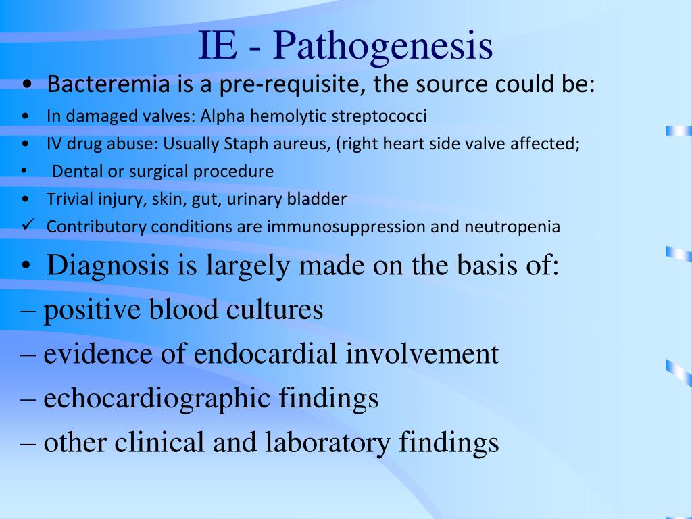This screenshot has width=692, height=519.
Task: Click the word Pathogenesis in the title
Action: click(383, 47)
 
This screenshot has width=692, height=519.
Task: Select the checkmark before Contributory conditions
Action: click(28, 226)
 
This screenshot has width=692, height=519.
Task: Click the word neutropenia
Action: click(512, 226)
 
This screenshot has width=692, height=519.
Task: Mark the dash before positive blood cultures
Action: click(28, 311)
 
